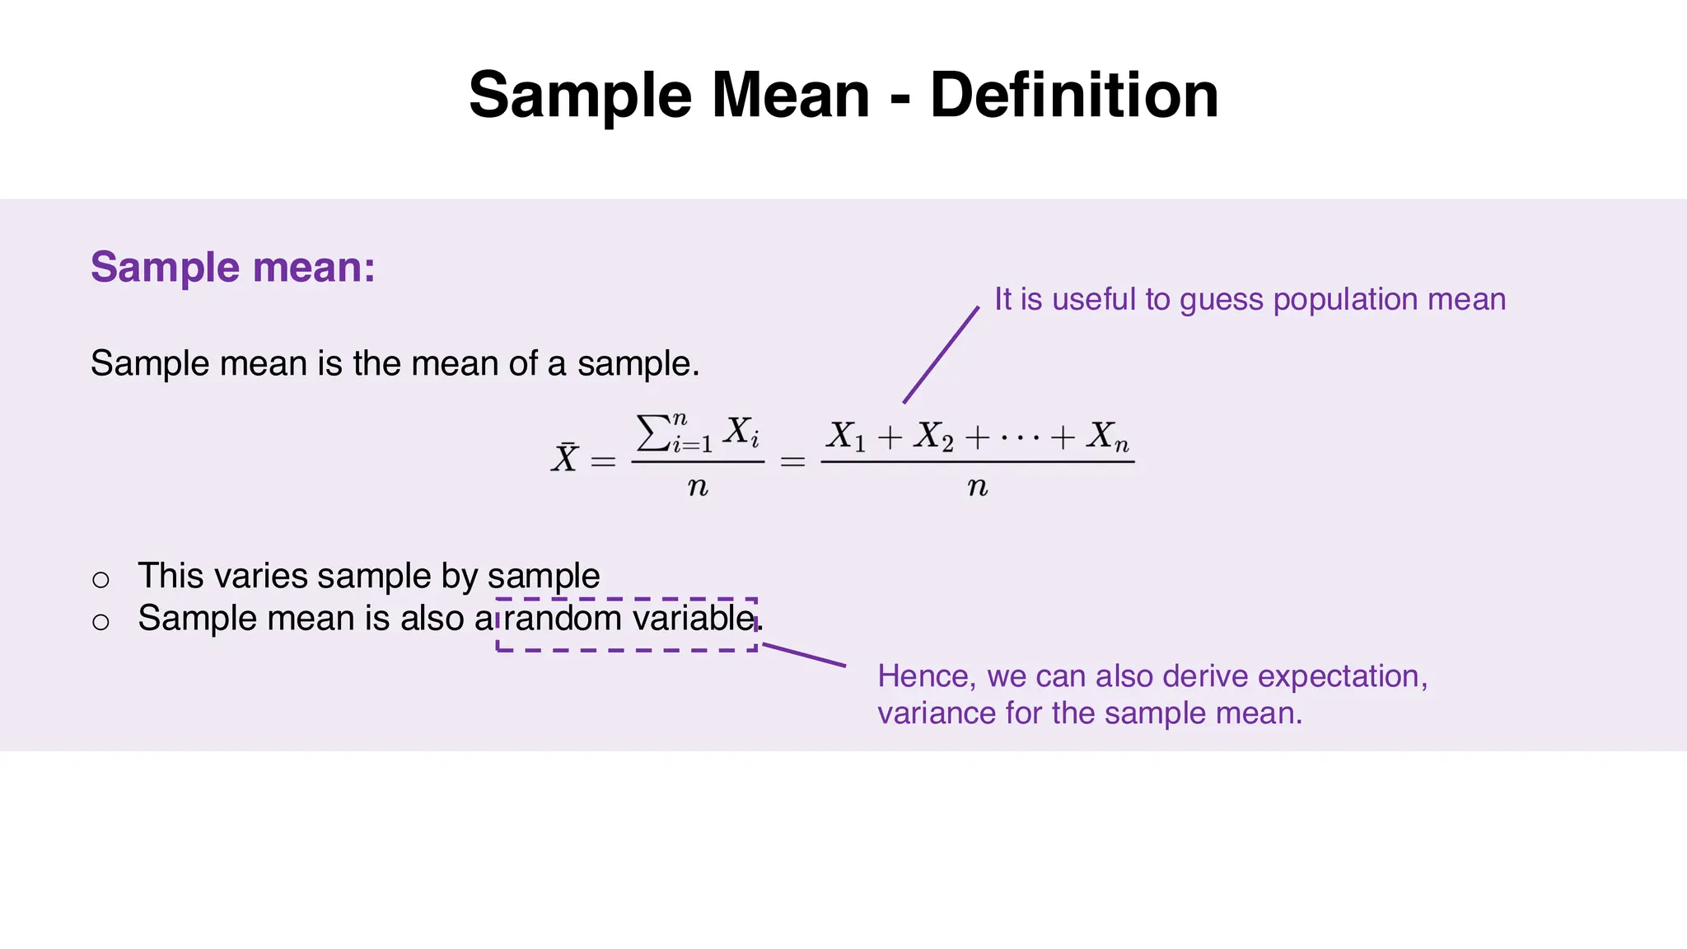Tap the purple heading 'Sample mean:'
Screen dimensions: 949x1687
pyautogui.click(x=233, y=267)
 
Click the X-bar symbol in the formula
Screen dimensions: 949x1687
pyautogui.click(x=565, y=458)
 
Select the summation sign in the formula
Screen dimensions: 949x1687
pyautogui.click(x=653, y=433)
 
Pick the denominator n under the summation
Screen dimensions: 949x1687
pyautogui.click(x=698, y=487)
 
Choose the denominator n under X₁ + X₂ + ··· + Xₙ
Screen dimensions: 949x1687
pyautogui.click(x=977, y=487)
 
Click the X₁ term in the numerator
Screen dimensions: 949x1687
pyautogui.click(x=846, y=437)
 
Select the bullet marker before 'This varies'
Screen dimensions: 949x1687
pyautogui.click(x=100, y=579)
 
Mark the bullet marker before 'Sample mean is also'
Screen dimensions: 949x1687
pyautogui.click(x=100, y=621)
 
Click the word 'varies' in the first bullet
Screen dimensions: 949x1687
pyautogui.click(x=259, y=576)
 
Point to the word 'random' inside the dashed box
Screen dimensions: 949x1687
pyautogui.click(x=563, y=618)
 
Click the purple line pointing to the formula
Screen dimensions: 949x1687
pyautogui.click(x=941, y=355)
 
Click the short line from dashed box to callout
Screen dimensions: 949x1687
pyautogui.click(x=804, y=655)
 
